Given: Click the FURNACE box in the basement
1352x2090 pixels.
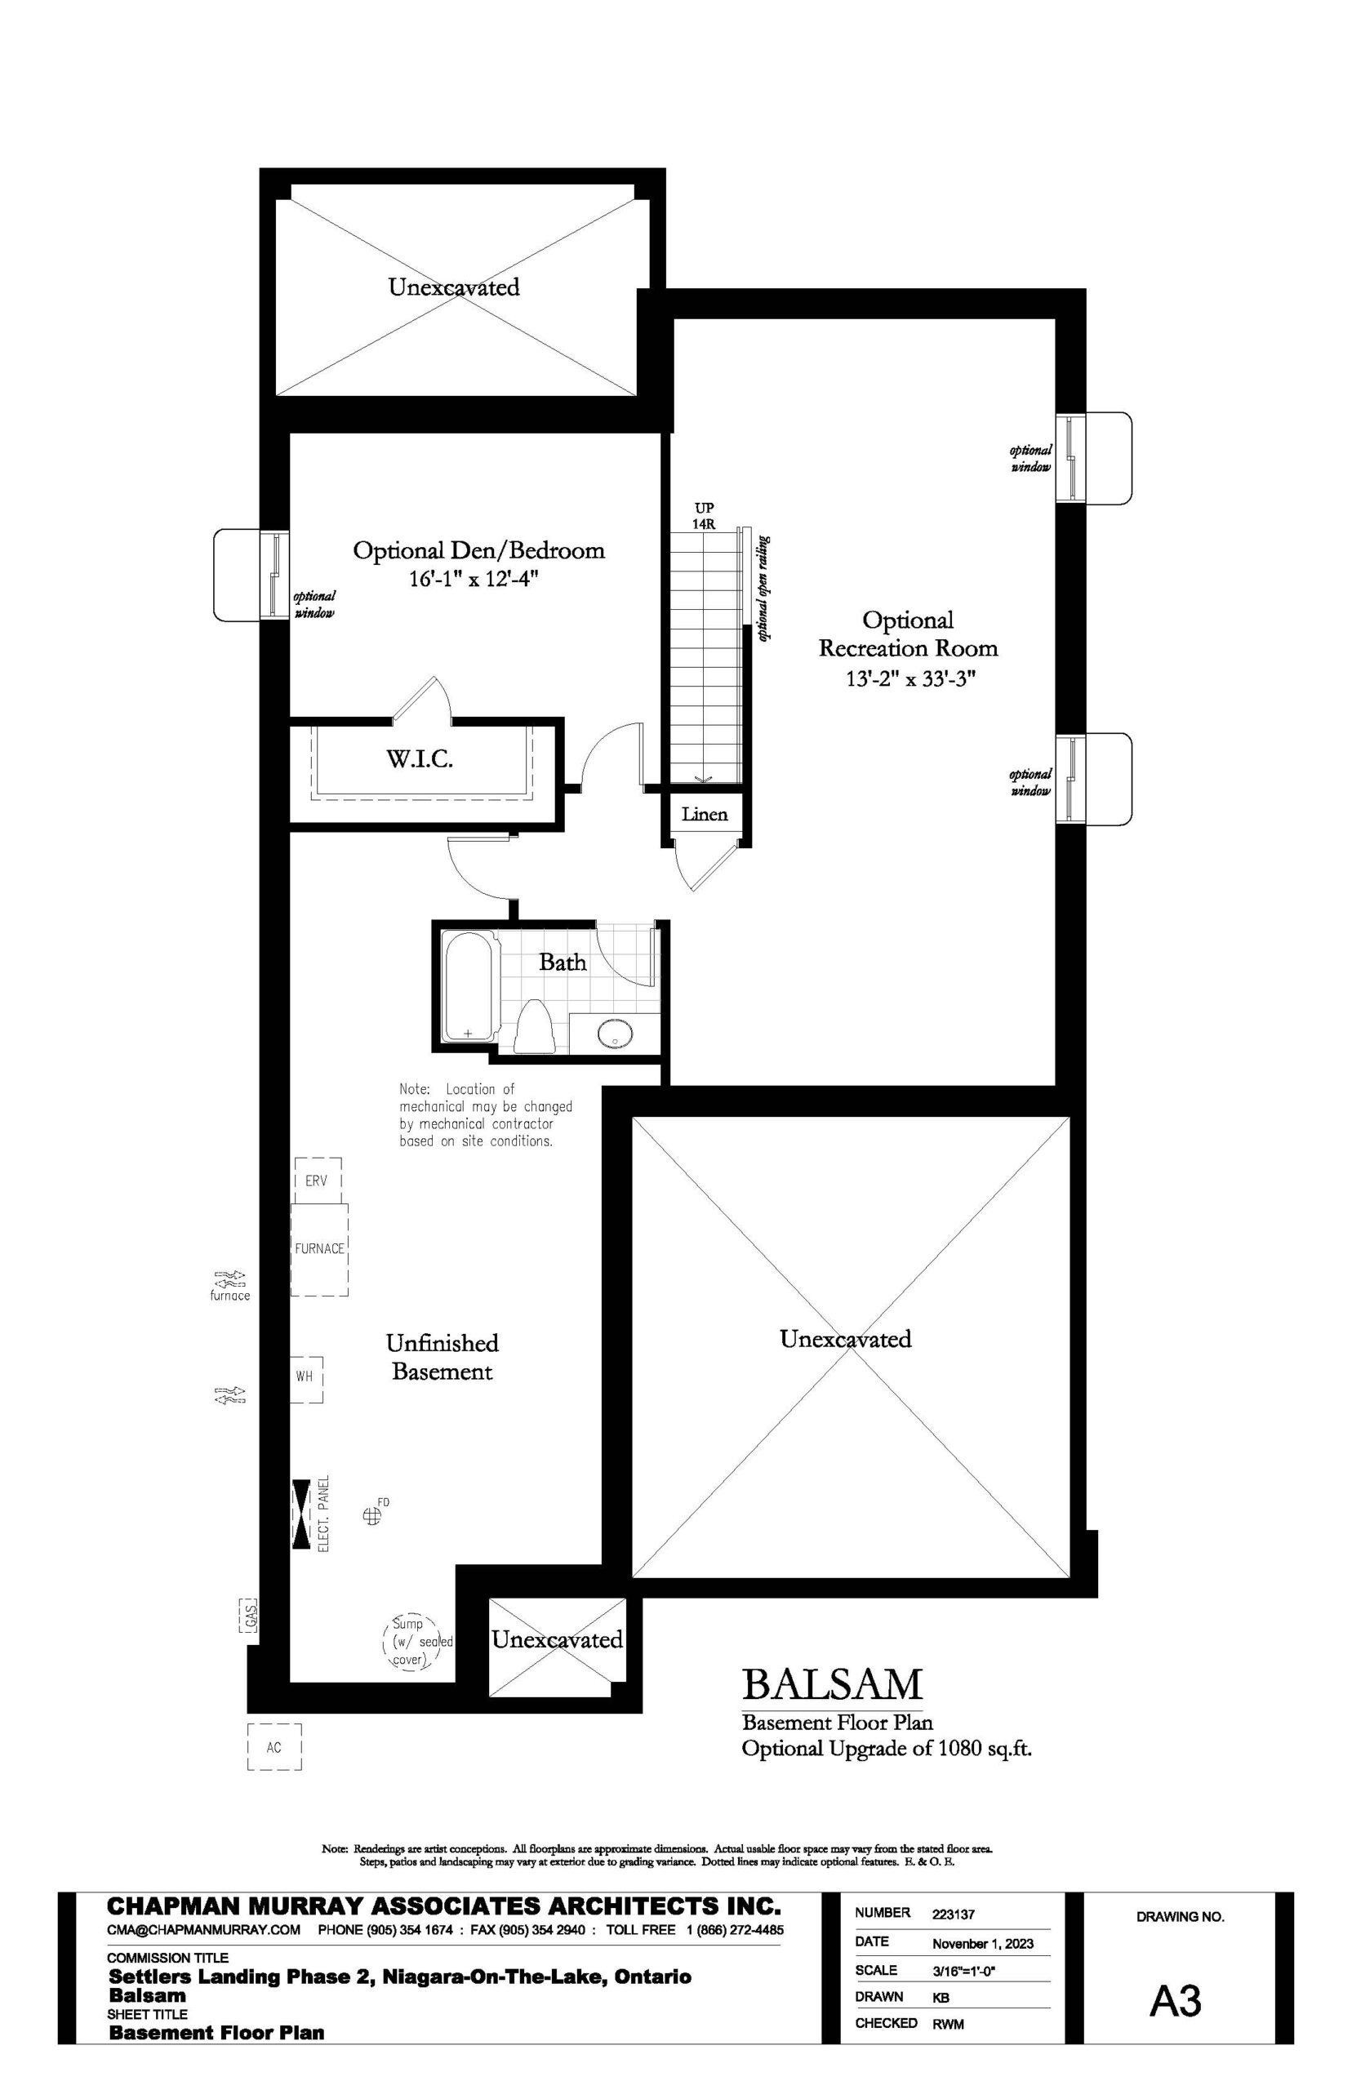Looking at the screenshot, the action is tap(319, 1248).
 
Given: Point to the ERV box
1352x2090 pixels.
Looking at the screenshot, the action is tap(316, 1181).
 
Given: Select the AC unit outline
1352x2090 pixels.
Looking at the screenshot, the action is tap(274, 1747).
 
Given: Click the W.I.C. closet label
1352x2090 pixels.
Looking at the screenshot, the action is tap(420, 759).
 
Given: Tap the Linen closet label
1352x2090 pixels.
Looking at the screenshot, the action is tap(704, 814).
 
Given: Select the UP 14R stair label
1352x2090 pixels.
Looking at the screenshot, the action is tap(704, 514).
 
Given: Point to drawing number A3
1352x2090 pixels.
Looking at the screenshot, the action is tap(1176, 2000).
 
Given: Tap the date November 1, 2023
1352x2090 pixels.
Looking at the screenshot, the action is tap(982, 1943).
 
